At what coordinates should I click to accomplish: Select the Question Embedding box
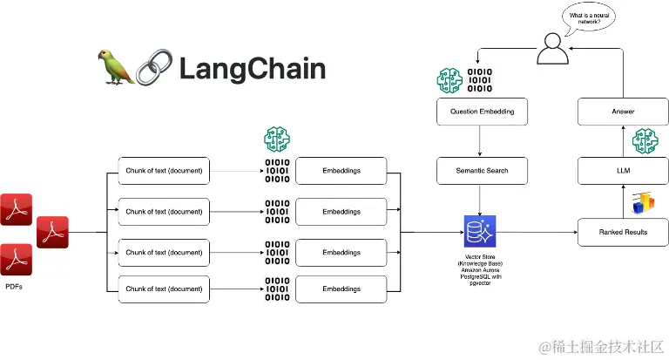tap(482, 112)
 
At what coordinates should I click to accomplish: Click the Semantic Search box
tap(482, 171)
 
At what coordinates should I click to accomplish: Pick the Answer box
tap(624, 112)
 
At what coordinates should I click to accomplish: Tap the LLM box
tap(624, 171)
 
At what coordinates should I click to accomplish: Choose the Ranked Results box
tap(623, 232)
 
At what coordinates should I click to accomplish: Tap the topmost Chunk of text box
tap(164, 171)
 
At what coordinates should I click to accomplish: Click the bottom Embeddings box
tap(341, 288)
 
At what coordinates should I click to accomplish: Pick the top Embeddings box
tap(341, 171)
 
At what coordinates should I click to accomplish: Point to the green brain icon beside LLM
tap(645, 141)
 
